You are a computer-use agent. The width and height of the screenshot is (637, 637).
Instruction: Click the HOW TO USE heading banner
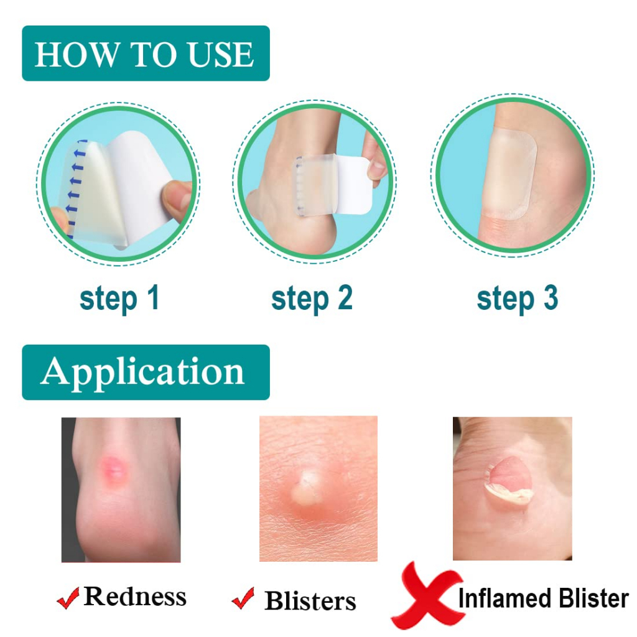pyautogui.click(x=146, y=53)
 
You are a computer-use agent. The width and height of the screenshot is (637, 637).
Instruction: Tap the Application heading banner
pyautogui.click(x=146, y=372)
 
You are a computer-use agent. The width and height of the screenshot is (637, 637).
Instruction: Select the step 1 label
pyautogui.click(x=119, y=299)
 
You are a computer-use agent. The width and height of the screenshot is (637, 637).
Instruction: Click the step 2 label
pyautogui.click(x=312, y=299)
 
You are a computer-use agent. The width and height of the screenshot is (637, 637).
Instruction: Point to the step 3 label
pyautogui.click(x=517, y=299)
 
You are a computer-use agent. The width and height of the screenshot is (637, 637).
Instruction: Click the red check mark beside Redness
pyautogui.click(x=68, y=598)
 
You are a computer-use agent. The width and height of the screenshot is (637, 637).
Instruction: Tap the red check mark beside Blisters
pyautogui.click(x=243, y=598)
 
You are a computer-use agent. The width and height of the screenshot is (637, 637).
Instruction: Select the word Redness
pyautogui.click(x=135, y=597)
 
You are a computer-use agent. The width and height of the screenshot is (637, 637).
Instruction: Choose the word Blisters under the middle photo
pyautogui.click(x=310, y=600)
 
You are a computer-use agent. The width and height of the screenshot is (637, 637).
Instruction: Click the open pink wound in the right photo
pyautogui.click(x=511, y=476)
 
